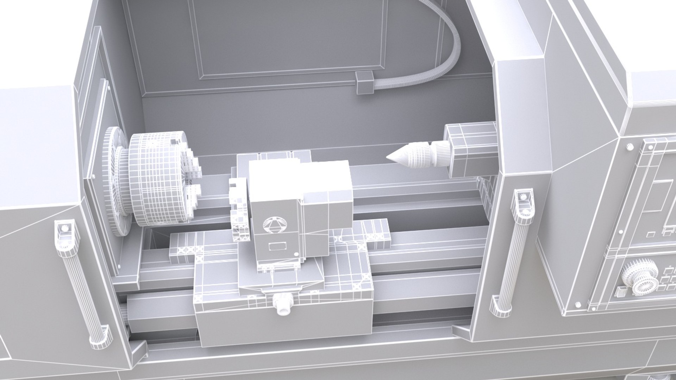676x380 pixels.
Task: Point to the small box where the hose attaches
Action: tap(364, 83)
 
